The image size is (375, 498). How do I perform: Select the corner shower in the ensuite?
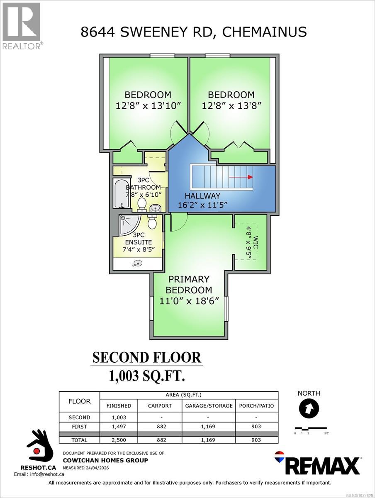click(x=128, y=225)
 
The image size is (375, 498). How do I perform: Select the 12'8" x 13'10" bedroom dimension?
click(x=148, y=105)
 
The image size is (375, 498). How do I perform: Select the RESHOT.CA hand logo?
click(x=40, y=449)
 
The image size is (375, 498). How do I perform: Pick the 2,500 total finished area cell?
click(x=119, y=440)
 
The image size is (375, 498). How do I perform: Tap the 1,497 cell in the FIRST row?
click(x=119, y=427)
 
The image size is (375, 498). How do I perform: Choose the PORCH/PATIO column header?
click(x=257, y=405)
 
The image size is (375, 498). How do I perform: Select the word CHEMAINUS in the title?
click(x=265, y=32)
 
